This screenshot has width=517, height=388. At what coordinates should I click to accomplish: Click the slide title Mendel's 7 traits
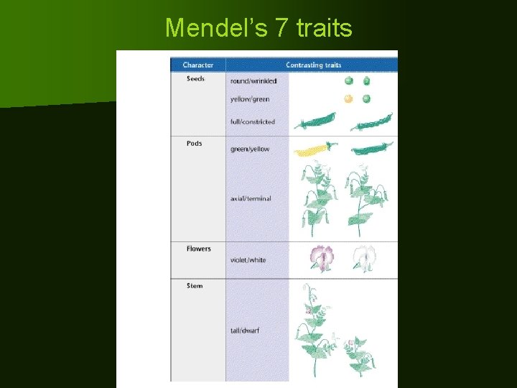pos(258,28)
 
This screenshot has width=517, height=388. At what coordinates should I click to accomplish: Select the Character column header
pos(197,65)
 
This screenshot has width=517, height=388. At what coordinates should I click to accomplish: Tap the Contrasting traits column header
pos(313,65)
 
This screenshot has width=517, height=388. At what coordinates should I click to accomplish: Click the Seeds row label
pos(195,79)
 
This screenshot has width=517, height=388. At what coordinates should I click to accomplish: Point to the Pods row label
pos(194,144)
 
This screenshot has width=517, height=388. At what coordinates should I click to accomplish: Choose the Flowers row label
pos(198,249)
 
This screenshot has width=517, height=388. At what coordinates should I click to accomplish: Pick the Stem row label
pos(195,286)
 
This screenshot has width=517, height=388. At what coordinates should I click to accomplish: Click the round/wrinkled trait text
pos(253,81)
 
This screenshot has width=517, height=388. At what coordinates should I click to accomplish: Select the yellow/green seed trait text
pos(250,99)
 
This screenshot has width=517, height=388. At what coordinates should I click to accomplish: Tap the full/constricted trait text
pos(253,122)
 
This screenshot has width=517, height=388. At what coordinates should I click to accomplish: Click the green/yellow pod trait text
pos(250,149)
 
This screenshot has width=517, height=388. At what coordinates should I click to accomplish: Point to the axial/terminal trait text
pos(251,198)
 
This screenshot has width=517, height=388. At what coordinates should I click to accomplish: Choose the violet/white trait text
pos(248,260)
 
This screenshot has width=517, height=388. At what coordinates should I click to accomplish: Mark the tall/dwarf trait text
pos(245,331)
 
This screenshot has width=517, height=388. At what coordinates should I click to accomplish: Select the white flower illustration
pos(363,259)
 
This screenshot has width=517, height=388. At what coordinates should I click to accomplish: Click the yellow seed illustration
pos(348,99)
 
